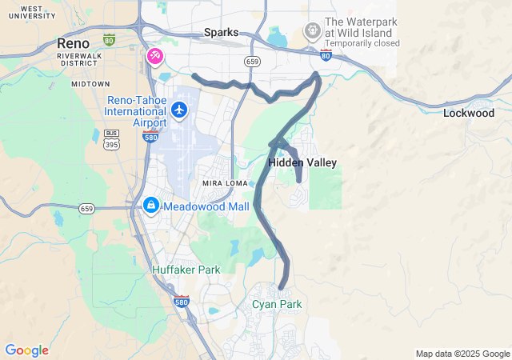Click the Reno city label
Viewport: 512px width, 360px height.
[73, 42]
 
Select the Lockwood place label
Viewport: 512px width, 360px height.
[469, 114]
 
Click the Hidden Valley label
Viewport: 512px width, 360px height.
[302, 162]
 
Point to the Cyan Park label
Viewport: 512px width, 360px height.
[277, 304]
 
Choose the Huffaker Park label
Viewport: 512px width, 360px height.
[186, 270]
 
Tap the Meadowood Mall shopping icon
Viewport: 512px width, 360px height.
[150, 206]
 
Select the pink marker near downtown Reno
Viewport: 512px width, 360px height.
[154, 56]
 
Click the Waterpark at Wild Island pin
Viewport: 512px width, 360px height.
[312, 31]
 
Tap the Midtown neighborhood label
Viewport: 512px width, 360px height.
[90, 83]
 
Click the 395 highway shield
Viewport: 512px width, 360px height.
[111, 145]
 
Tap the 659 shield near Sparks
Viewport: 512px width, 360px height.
[252, 61]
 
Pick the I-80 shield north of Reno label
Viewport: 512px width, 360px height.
[109, 38]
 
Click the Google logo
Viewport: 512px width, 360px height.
[26, 350]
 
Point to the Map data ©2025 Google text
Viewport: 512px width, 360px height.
[462, 354]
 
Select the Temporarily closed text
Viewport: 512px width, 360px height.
[362, 43]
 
